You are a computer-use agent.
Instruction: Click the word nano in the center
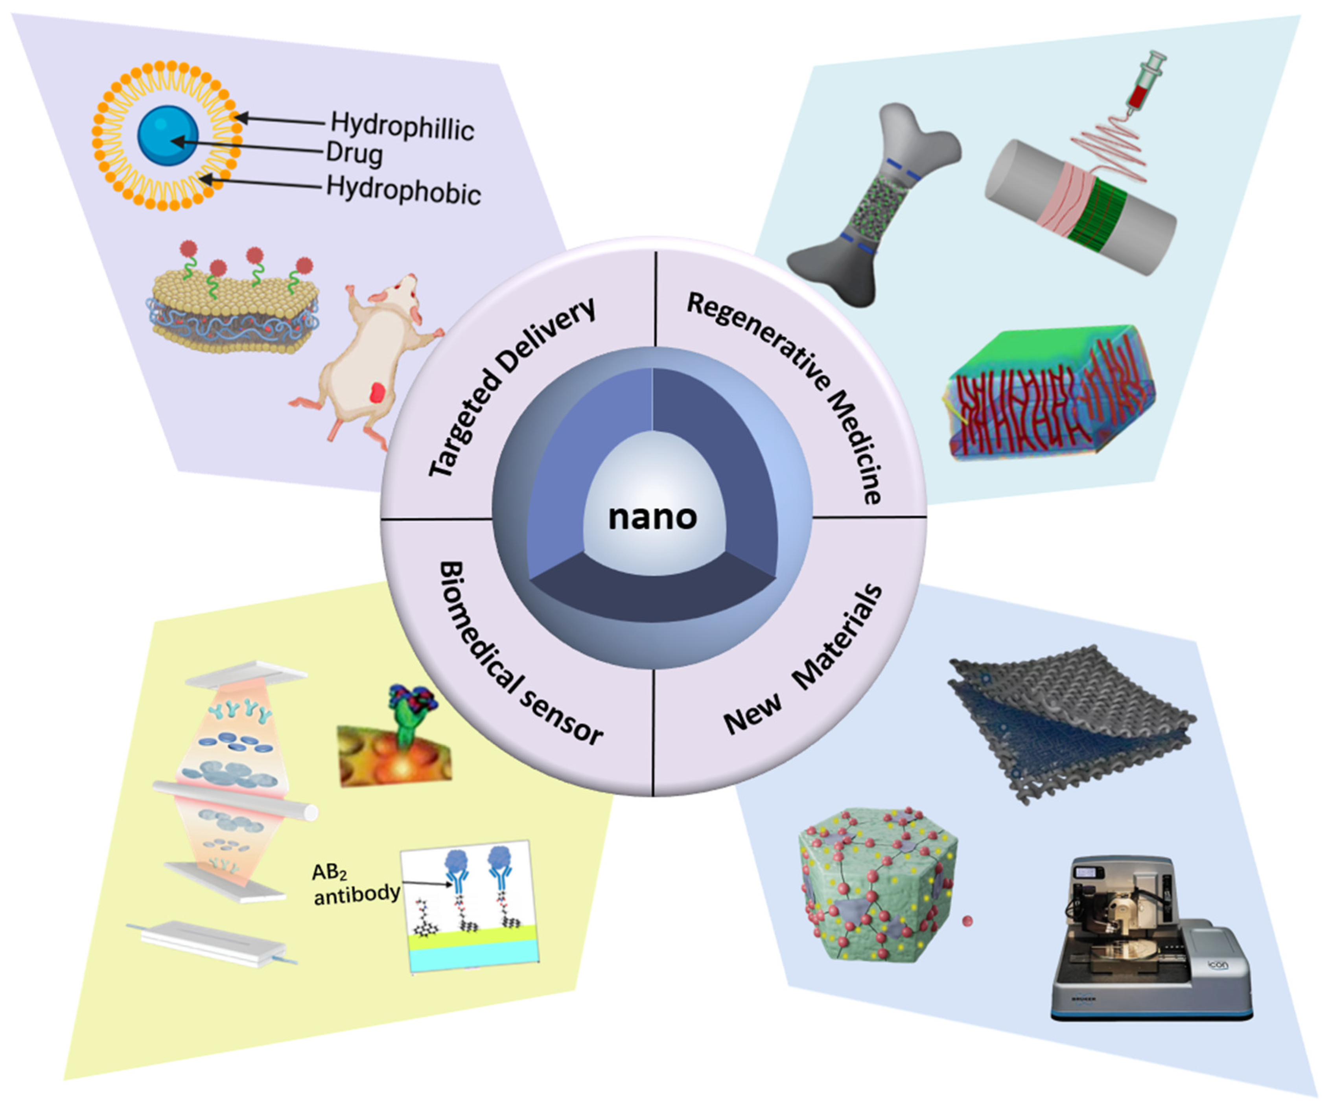(x=652, y=517)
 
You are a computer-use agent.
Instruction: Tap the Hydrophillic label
(x=402, y=127)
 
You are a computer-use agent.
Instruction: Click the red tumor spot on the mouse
(x=379, y=392)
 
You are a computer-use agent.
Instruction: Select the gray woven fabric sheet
(x=1070, y=722)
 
